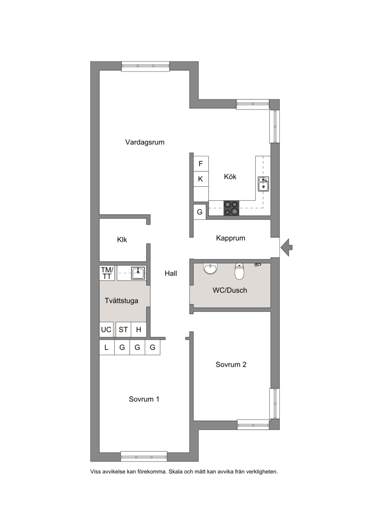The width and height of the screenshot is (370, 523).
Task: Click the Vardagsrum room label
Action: [x=145, y=142]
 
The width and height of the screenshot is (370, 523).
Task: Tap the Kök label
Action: [x=230, y=177]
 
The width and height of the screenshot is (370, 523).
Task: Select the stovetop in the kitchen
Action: [x=231, y=208]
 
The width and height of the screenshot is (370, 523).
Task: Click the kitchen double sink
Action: [x=264, y=184]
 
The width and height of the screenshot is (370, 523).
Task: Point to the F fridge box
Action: [x=201, y=163]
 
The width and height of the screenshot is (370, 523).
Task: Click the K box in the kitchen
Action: [x=201, y=179]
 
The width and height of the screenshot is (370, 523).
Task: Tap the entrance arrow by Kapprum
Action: [x=286, y=247]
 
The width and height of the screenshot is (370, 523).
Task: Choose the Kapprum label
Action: [x=230, y=238]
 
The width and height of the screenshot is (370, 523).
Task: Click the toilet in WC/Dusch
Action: [x=240, y=271]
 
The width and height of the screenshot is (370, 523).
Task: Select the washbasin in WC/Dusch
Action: [x=210, y=268]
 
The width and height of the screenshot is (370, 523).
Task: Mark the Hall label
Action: [x=171, y=273]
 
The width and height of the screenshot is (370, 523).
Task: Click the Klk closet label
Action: [x=122, y=240]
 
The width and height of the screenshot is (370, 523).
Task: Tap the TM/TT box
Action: [x=107, y=273]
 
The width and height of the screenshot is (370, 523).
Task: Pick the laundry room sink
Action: [x=138, y=273]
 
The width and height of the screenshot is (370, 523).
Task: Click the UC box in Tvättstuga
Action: [x=106, y=330]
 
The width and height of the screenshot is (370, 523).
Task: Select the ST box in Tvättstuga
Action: [x=123, y=330]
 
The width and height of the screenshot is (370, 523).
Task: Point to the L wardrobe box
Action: [x=107, y=348]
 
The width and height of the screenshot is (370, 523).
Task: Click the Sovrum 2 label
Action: [x=231, y=364]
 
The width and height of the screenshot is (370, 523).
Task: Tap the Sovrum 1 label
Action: [x=144, y=399]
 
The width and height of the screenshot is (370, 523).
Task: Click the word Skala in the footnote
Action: [x=175, y=472]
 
